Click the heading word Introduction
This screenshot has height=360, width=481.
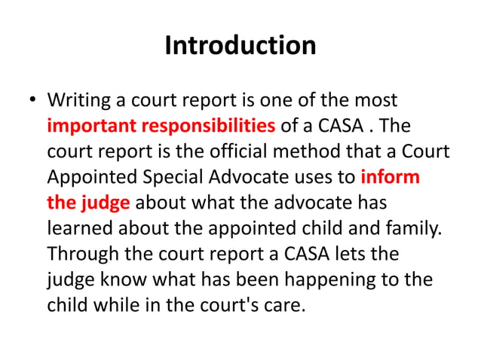[240, 46]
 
